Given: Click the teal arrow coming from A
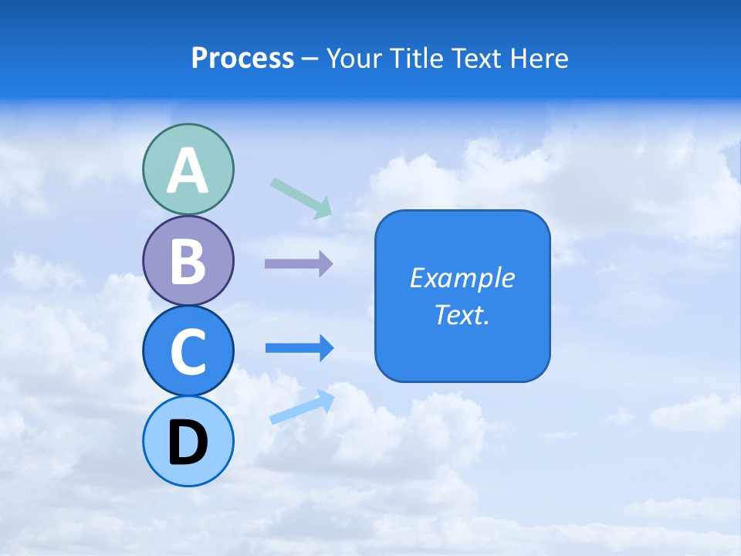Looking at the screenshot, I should [x=302, y=198].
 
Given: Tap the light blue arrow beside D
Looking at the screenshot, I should [x=302, y=407].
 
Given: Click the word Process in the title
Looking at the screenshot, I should [x=242, y=59].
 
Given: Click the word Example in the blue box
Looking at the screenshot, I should [x=462, y=278].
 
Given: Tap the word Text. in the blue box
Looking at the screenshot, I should [x=462, y=314].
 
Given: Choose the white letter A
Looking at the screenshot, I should [x=188, y=171].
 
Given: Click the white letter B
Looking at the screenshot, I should [x=188, y=261].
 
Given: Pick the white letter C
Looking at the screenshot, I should [x=188, y=351].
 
